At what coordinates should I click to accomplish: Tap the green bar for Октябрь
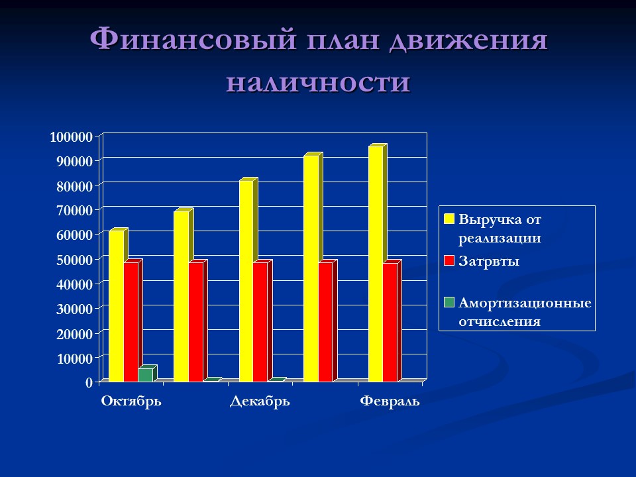click(x=145, y=375)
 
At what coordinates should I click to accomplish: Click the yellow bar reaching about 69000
click(x=181, y=295)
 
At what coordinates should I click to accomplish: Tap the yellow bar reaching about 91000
click(x=311, y=268)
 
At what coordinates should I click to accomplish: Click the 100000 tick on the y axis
click(x=72, y=137)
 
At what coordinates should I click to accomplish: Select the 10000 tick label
click(x=74, y=358)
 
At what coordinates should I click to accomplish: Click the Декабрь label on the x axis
click(x=260, y=401)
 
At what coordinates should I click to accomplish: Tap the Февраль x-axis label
click(x=390, y=401)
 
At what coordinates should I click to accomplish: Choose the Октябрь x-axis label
click(x=131, y=401)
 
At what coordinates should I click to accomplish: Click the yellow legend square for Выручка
click(x=449, y=219)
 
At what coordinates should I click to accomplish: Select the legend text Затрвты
click(x=489, y=261)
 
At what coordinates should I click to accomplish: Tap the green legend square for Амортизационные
click(x=449, y=303)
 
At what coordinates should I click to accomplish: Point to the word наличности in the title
click(x=318, y=83)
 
